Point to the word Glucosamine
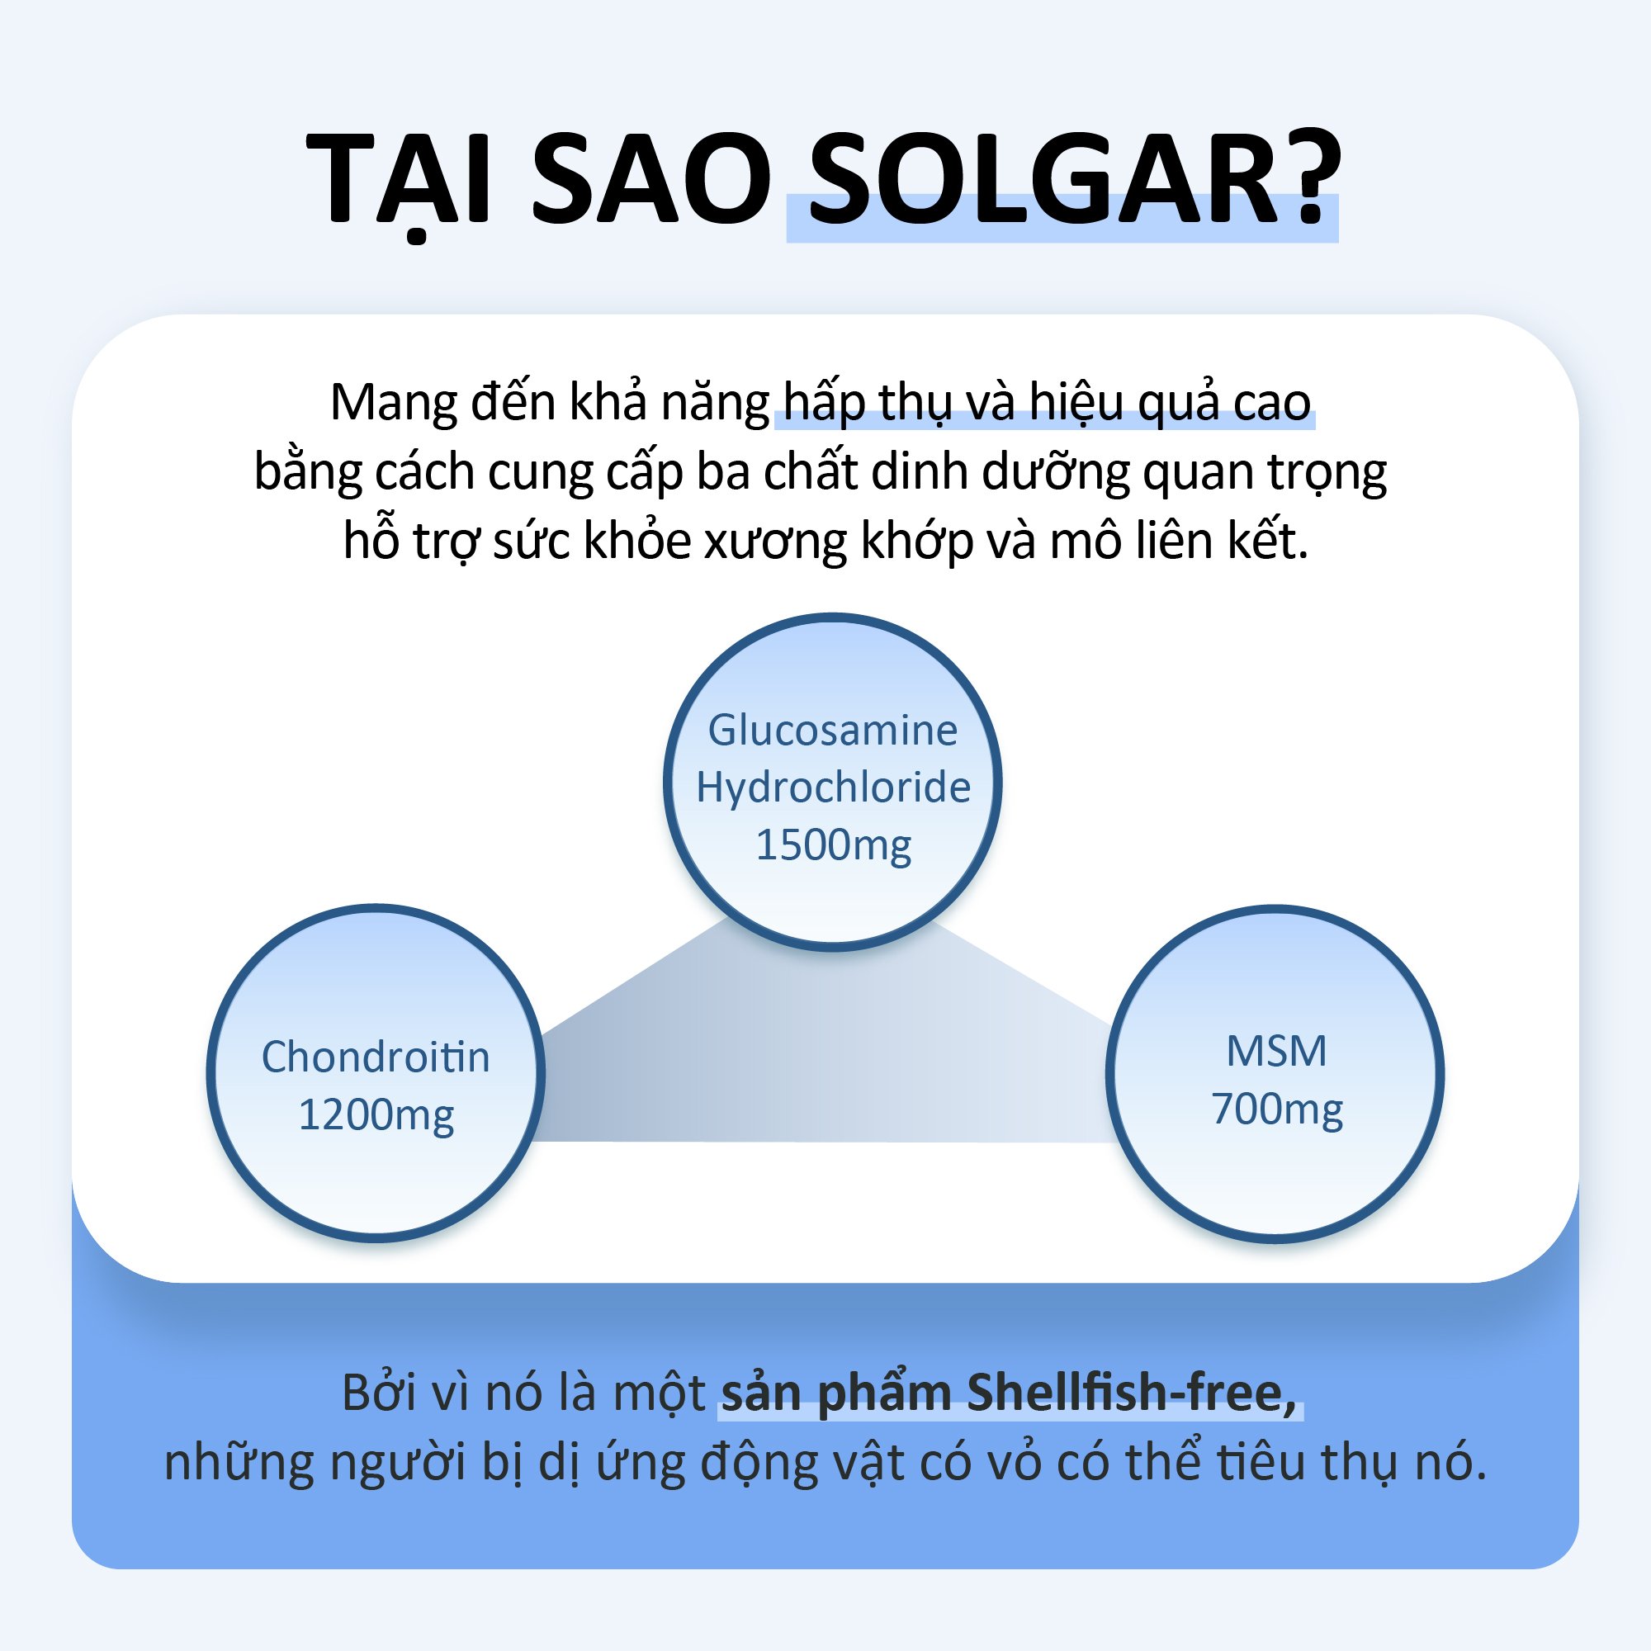click(x=833, y=731)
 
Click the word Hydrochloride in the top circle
click(x=833, y=787)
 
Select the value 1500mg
click(x=833, y=845)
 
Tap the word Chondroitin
click(x=376, y=1058)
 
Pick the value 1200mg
click(x=376, y=1115)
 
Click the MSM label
click(x=1277, y=1052)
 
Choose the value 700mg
click(x=1277, y=1109)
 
